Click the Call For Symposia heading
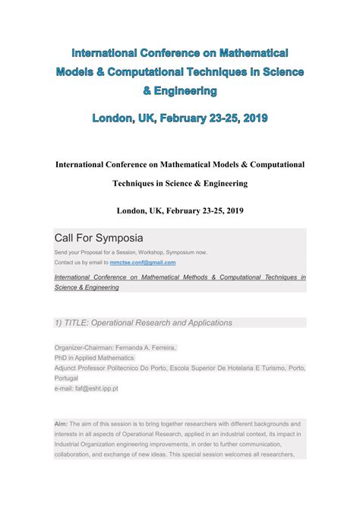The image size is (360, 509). click(x=98, y=238)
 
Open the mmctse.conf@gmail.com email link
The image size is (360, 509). click(x=143, y=262)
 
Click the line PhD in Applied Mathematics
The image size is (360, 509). click(x=94, y=358)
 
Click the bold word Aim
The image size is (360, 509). click(x=61, y=423)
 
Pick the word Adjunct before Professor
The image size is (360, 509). click(x=66, y=368)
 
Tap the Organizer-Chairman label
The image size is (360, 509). click(x=83, y=348)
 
